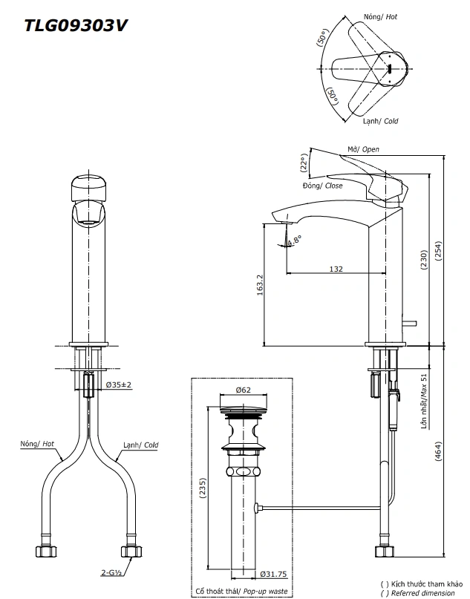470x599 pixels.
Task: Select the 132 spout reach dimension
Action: (336, 269)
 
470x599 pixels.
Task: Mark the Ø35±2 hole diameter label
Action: (119, 384)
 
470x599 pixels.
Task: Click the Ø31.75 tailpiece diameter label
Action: (273, 573)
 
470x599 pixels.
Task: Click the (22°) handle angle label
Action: (304, 163)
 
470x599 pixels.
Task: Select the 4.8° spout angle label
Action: (295, 240)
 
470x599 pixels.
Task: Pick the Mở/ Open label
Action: (363, 149)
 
